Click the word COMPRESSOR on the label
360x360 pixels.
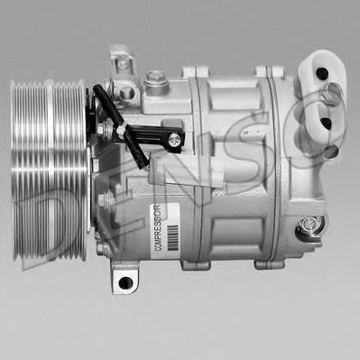click(x=157, y=228)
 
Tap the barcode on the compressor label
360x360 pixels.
click(x=173, y=237)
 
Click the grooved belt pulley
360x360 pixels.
click(x=49, y=171)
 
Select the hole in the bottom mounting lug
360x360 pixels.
click(x=125, y=282)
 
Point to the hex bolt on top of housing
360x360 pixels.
click(x=155, y=79)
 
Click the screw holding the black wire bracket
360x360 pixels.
click(x=174, y=140)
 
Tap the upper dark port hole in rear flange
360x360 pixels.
click(x=322, y=72)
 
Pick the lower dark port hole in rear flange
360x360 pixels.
click(x=326, y=123)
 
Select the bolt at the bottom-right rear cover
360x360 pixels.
click(x=308, y=225)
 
